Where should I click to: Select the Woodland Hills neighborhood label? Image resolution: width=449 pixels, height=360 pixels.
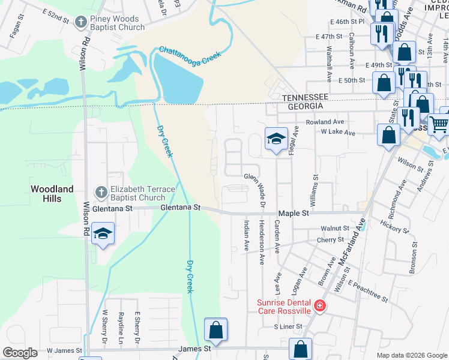[x=52, y=193]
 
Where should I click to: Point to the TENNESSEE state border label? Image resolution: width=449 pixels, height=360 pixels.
[x=306, y=97]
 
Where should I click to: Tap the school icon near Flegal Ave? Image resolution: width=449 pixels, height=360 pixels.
[x=276, y=139]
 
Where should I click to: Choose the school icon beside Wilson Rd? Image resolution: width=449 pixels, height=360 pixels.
[x=103, y=233]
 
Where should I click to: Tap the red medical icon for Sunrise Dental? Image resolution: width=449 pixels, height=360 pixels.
[x=319, y=307]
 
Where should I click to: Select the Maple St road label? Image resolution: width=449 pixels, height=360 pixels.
[x=293, y=213]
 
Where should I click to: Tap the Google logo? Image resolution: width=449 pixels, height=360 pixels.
[x=20, y=353]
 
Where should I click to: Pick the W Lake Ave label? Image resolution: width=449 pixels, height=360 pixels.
[x=339, y=131]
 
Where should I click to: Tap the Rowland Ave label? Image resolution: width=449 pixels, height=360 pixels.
[x=324, y=122]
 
